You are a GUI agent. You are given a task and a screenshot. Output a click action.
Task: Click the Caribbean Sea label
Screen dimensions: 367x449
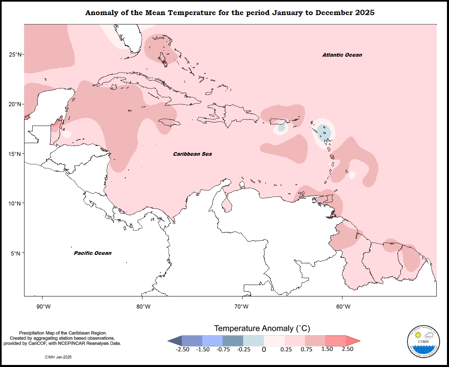click(x=192, y=154)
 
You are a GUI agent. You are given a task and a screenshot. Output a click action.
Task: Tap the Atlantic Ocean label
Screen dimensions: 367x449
click(x=342, y=55)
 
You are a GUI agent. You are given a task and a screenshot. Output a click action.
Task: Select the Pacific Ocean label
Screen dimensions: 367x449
click(x=93, y=253)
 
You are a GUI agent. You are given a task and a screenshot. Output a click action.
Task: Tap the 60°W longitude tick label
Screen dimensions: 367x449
click(x=343, y=307)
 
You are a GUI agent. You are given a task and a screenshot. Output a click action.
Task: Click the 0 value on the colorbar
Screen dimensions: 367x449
click(x=264, y=349)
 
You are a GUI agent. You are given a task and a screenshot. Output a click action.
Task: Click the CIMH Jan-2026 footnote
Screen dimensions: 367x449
click(x=61, y=357)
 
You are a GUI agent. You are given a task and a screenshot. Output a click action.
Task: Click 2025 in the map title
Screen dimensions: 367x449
click(x=365, y=13)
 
